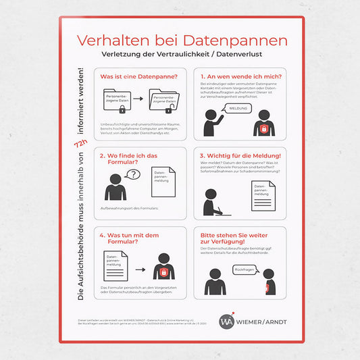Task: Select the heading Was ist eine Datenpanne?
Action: (139, 77)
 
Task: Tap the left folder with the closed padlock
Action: (115, 101)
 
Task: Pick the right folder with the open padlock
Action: (162, 101)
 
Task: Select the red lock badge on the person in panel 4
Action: (162, 272)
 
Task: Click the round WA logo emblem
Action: (227, 320)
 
